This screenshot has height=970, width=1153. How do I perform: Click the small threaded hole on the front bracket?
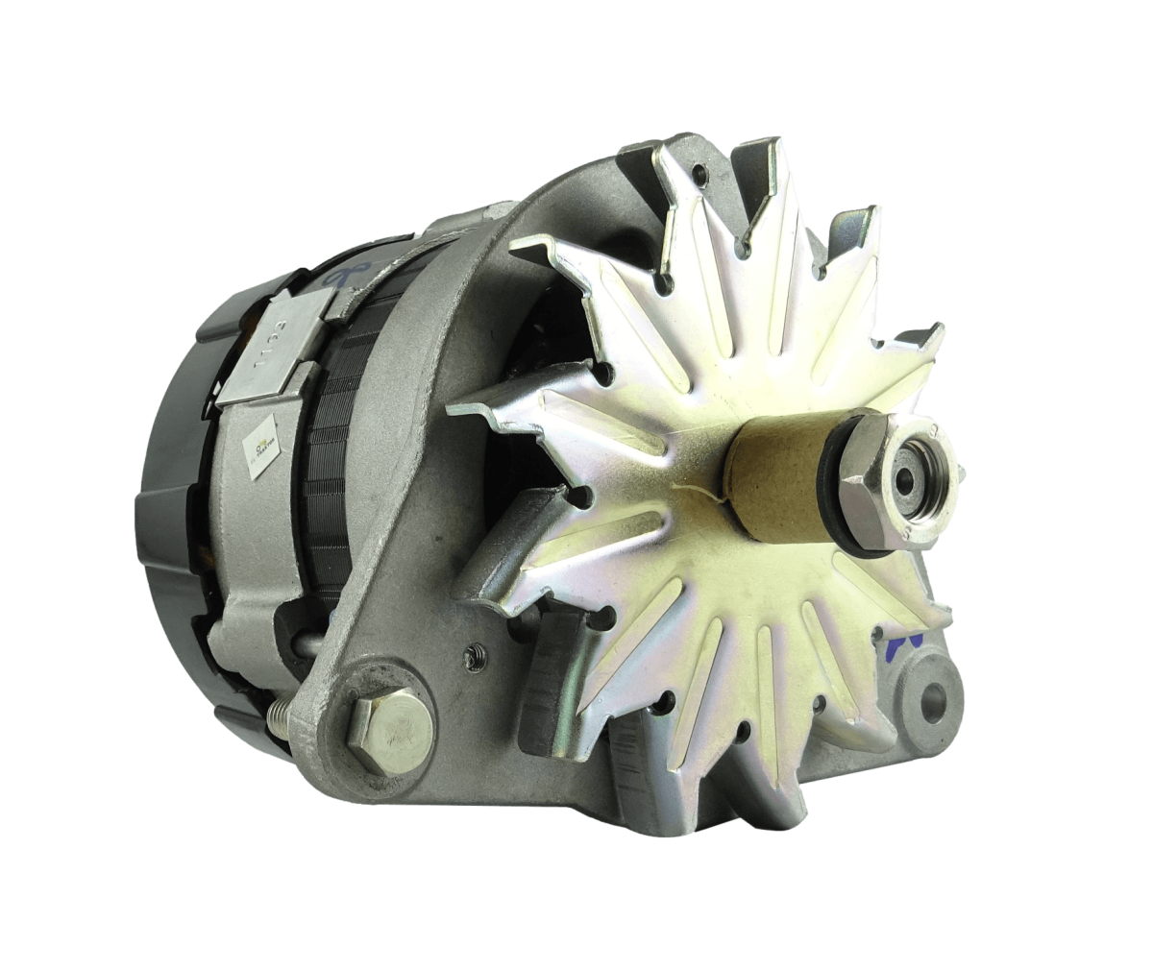point(472,655)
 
